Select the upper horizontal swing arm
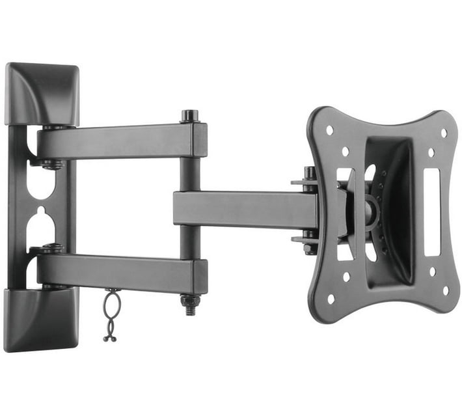click(117, 141)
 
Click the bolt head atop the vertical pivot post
click(190, 116)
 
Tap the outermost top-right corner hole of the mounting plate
click(444, 133)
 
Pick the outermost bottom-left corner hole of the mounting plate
click(331, 299)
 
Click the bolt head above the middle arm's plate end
click(310, 173)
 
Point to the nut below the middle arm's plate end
click(310, 247)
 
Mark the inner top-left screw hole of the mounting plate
click(345, 151)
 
